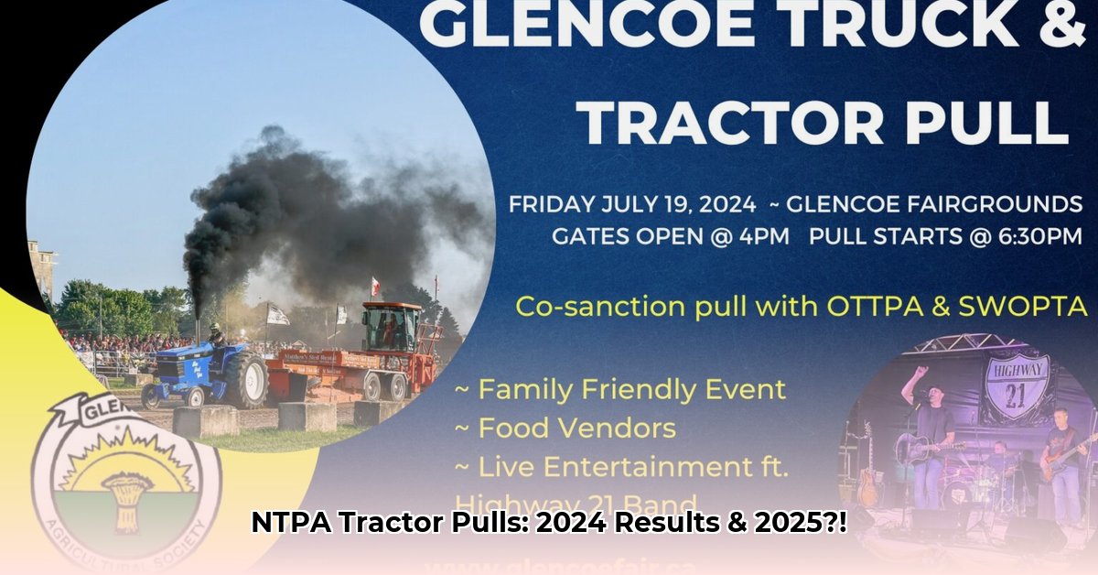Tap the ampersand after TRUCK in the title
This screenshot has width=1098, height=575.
pyautogui.click(x=1053, y=25)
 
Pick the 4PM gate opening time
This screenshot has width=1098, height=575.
pyautogui.click(x=762, y=235)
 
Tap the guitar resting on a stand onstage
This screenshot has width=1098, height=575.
pyautogui.click(x=866, y=476)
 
